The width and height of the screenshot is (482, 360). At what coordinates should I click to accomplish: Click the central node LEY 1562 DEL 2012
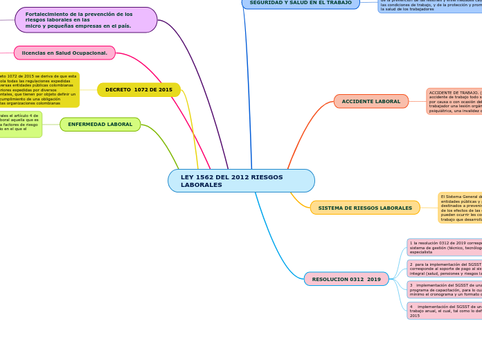click(x=241, y=181)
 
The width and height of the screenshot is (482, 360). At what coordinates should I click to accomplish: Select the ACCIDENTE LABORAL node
click(x=371, y=101)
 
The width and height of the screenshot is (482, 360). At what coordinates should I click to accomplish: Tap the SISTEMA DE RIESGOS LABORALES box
click(x=365, y=208)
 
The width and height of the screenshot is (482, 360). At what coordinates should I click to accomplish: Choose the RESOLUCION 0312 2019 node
click(x=346, y=279)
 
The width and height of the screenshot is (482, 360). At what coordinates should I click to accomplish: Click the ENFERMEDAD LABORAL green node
click(x=100, y=125)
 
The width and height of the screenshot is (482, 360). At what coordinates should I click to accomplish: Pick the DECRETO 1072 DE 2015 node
click(x=139, y=90)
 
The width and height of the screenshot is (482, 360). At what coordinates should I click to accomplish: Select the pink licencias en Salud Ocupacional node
click(x=64, y=53)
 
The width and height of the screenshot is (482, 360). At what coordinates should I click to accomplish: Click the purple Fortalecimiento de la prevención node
click(x=86, y=20)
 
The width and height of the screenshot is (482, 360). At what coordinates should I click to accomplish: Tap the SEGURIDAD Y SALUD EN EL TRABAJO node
click(x=301, y=3)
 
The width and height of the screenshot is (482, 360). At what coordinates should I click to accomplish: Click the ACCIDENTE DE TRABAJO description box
click(x=454, y=101)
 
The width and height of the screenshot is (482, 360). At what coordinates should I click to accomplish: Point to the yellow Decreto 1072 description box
click(x=39, y=90)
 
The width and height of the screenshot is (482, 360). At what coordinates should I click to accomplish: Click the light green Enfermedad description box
click(x=21, y=125)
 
